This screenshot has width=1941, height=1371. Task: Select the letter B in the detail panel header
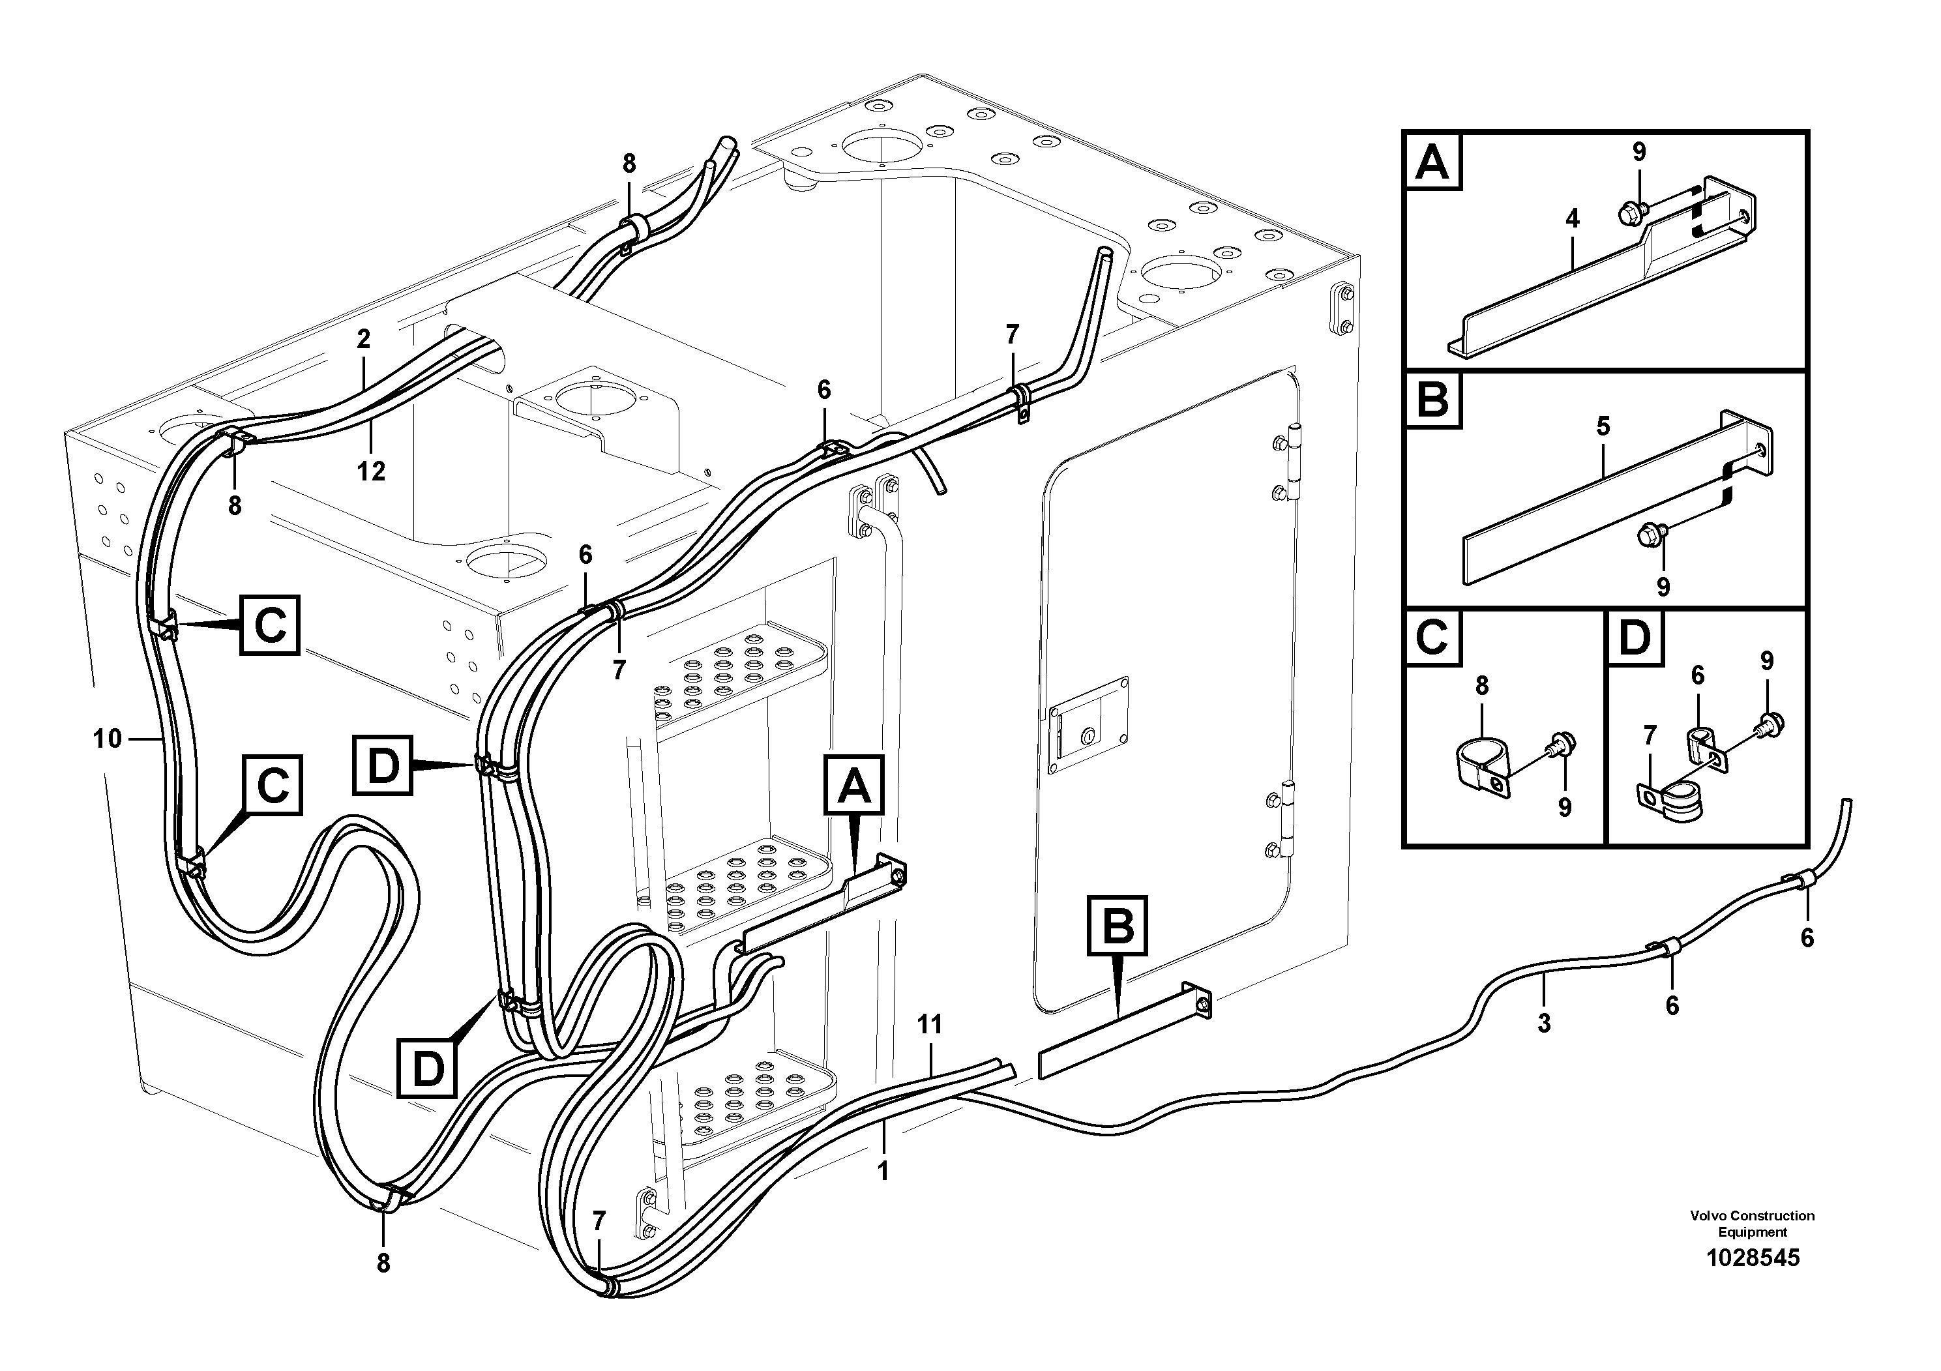click(1432, 400)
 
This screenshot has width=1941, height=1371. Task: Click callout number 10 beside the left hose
click(108, 739)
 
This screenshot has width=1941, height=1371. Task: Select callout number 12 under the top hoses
click(370, 471)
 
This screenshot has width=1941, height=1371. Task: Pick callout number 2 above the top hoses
click(364, 339)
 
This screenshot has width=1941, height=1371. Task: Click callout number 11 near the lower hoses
click(929, 1024)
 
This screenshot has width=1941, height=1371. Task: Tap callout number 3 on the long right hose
click(1544, 1024)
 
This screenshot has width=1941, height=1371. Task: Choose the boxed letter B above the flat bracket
click(1118, 926)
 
